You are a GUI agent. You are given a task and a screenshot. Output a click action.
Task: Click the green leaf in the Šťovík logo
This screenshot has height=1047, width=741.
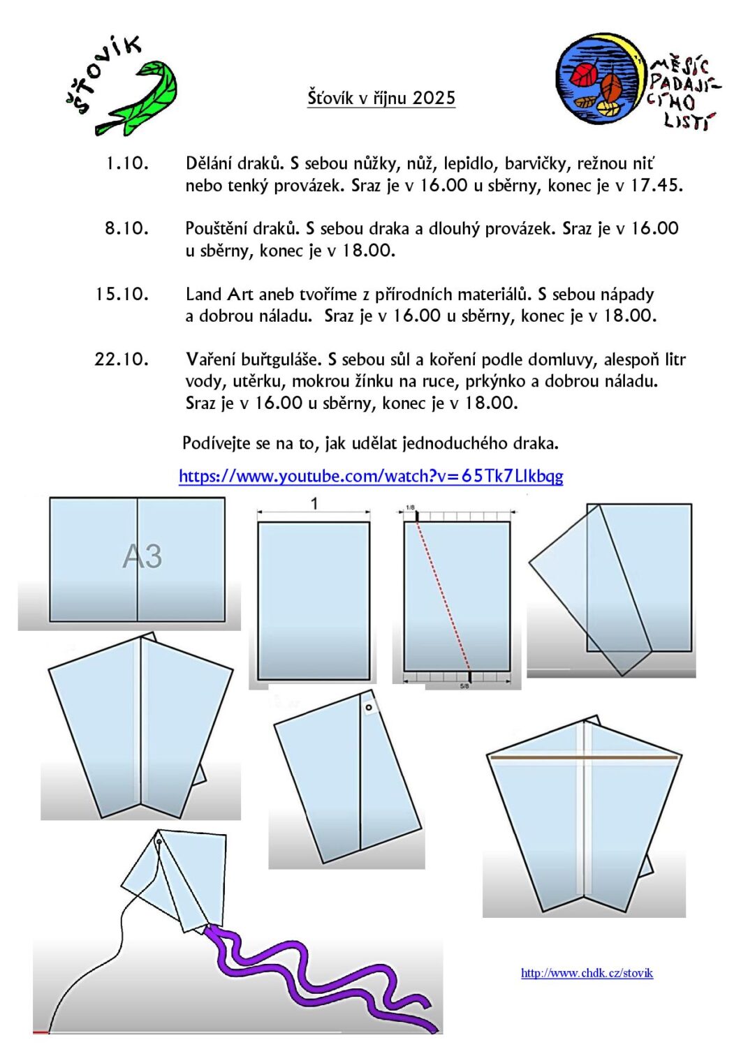click(x=143, y=98)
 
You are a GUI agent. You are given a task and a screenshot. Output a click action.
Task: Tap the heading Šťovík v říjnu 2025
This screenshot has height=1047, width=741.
click(x=381, y=98)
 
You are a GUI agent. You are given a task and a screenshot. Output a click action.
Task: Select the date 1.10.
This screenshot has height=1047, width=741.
click(x=127, y=163)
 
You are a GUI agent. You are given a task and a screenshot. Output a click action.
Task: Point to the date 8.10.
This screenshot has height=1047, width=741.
click(x=127, y=228)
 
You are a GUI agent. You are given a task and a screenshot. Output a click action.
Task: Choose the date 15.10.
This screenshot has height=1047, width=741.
click(x=122, y=294)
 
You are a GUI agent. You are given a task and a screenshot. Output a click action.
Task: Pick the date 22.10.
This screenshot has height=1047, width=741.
click(x=122, y=359)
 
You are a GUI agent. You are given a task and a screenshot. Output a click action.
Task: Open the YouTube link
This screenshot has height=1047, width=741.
click(x=371, y=476)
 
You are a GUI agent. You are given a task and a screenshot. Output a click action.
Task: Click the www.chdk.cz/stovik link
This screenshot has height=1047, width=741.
click(x=587, y=973)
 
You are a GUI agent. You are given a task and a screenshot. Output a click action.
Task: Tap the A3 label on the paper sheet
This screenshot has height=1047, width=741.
click(x=142, y=556)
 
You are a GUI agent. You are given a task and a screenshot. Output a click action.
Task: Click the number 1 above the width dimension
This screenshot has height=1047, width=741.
click(x=314, y=503)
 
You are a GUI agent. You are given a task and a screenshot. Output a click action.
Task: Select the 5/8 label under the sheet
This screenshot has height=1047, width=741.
click(x=464, y=686)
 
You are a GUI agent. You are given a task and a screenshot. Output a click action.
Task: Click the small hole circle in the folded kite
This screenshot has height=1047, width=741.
click(x=369, y=707)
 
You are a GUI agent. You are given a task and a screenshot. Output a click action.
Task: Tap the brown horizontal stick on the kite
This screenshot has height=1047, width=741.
click(x=584, y=757)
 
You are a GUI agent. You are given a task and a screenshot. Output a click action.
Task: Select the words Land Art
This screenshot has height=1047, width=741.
click(x=219, y=294)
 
